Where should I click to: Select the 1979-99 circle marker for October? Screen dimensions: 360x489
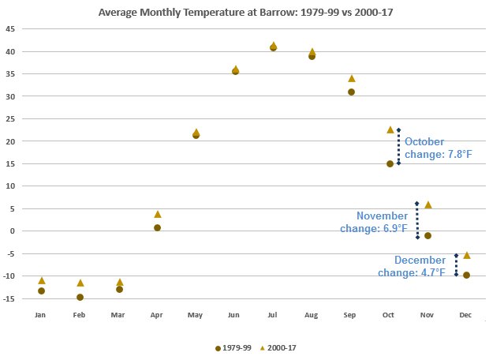click(x=390, y=163)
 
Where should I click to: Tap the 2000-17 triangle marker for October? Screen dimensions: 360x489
click(x=390, y=129)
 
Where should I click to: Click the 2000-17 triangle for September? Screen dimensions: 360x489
click(x=351, y=78)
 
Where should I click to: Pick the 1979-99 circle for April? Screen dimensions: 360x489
click(x=158, y=227)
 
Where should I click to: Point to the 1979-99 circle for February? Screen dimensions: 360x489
click(x=80, y=297)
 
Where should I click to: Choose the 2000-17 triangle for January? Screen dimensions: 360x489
click(x=41, y=280)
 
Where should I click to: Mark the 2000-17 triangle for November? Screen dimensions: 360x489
click(x=428, y=204)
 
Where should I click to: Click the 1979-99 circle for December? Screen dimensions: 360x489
click(x=467, y=275)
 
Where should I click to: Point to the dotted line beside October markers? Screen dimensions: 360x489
click(x=398, y=146)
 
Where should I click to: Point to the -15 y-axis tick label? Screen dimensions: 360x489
click(x=9, y=298)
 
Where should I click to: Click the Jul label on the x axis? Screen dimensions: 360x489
click(x=273, y=315)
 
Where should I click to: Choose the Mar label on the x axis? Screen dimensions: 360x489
click(x=118, y=315)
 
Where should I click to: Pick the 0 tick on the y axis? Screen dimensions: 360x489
click(x=11, y=231)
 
